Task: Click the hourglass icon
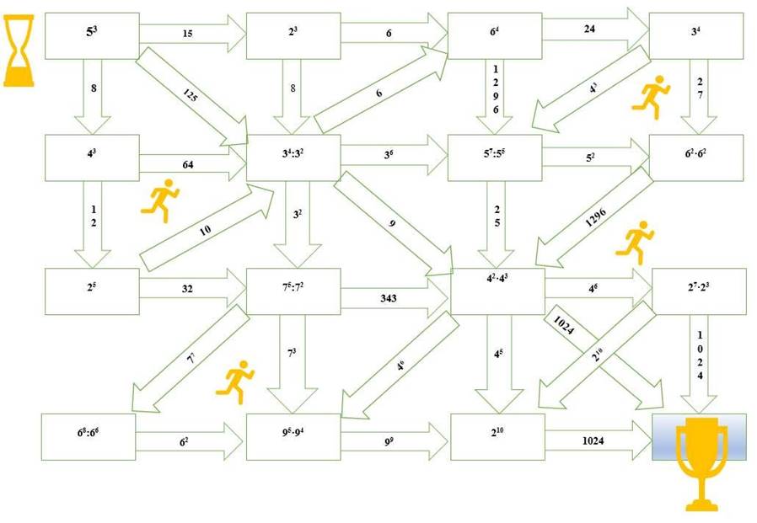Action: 19,55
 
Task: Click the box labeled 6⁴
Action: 494,35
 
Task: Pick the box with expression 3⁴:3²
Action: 293,157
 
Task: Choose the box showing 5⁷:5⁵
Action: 494,157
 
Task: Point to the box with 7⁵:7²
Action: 293,291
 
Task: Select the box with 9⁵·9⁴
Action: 293,437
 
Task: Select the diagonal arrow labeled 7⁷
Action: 191,357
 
